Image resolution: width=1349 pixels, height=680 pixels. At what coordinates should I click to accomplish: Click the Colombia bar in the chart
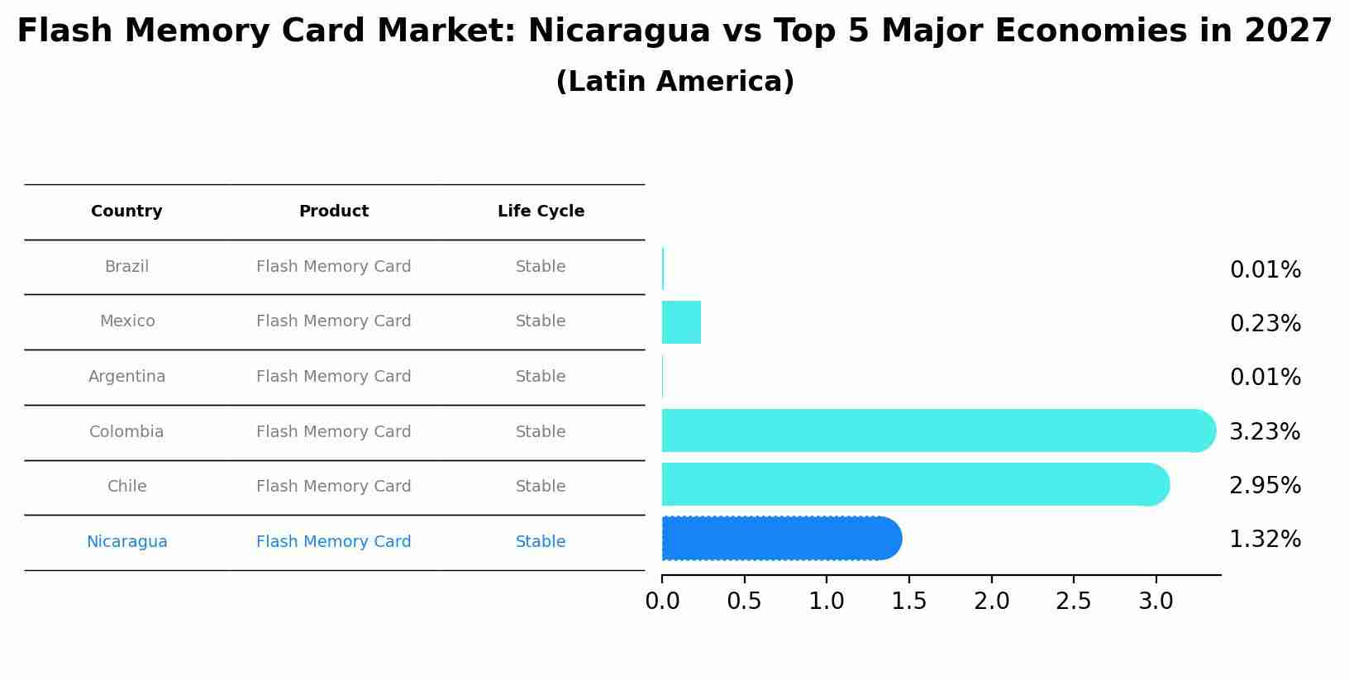point(934,430)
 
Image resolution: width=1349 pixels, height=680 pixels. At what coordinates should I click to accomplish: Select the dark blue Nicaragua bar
point(777,539)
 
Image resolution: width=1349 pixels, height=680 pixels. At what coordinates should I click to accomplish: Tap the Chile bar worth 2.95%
point(909,484)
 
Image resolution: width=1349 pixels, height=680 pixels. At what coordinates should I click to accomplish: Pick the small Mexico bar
point(681,322)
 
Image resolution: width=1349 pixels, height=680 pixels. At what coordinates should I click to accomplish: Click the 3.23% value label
point(1265,431)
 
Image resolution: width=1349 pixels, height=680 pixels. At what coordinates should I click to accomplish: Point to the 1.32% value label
point(1265,540)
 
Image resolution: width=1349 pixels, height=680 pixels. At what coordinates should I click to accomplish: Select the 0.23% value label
point(1265,324)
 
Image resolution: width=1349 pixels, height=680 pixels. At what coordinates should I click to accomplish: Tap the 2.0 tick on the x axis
point(991,602)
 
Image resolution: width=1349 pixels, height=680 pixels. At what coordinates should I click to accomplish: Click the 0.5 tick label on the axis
point(744,602)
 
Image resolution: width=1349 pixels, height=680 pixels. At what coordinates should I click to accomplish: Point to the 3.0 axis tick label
point(1156,602)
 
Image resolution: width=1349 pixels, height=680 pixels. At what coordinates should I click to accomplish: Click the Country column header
point(126,212)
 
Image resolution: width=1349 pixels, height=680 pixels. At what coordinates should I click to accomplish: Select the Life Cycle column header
point(541,212)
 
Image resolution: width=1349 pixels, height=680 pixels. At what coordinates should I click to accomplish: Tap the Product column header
point(334,212)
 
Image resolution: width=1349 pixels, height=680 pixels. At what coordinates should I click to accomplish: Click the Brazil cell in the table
point(126,267)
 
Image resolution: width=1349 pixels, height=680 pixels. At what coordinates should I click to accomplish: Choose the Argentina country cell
point(126,377)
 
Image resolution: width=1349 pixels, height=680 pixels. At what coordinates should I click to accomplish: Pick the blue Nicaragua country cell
point(126,542)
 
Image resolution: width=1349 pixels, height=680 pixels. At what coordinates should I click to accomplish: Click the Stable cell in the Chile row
point(541,487)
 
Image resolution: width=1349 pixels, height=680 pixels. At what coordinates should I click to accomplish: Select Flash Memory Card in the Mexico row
point(334,321)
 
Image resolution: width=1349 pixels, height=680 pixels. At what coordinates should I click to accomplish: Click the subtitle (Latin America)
point(674,82)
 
